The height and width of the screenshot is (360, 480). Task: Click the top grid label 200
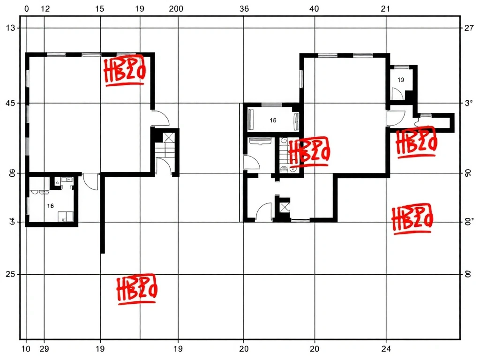pyautogui.click(x=176, y=8)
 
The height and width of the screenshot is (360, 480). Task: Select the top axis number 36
pyautogui.click(x=244, y=8)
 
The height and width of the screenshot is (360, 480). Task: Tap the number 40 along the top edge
pyautogui.click(x=314, y=8)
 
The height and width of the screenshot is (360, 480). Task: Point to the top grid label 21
pyautogui.click(x=385, y=8)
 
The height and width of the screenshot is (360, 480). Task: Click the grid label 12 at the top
pyautogui.click(x=45, y=8)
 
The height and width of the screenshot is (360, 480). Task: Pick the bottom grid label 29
pyautogui.click(x=45, y=349)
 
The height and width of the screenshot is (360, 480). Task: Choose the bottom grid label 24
pyautogui.click(x=386, y=349)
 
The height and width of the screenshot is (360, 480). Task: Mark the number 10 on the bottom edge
pyautogui.click(x=26, y=349)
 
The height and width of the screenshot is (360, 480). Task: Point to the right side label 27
pyautogui.click(x=469, y=28)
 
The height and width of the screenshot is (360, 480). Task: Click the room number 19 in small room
pyautogui.click(x=401, y=80)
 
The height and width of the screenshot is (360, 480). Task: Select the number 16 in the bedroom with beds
pyautogui.click(x=273, y=120)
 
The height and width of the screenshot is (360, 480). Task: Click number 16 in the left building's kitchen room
pyautogui.click(x=51, y=206)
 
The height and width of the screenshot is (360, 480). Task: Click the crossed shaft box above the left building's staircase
pyautogui.click(x=168, y=137)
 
